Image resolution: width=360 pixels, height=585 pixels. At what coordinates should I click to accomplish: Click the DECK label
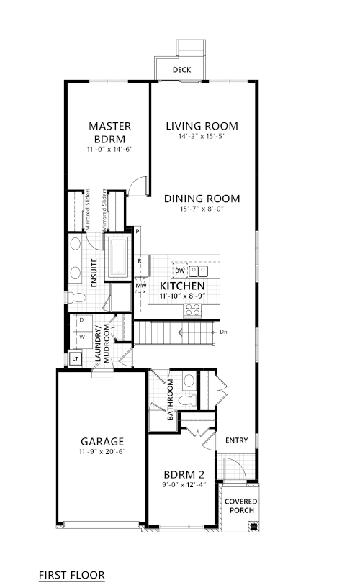(x=182, y=70)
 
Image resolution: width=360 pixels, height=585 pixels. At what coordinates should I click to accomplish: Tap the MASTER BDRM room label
(x=109, y=132)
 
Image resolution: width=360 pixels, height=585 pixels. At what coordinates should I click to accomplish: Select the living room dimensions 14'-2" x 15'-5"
(x=202, y=136)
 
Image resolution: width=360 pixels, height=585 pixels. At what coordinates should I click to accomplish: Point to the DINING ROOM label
(x=202, y=199)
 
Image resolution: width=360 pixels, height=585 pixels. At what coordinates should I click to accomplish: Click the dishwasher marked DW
(x=180, y=271)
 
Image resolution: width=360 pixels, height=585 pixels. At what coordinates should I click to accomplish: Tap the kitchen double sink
(x=198, y=271)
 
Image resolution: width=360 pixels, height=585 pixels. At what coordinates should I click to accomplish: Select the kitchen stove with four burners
(x=192, y=311)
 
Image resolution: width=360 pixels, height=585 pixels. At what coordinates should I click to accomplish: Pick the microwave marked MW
(x=141, y=286)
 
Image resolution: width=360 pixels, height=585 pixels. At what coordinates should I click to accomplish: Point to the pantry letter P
(x=138, y=231)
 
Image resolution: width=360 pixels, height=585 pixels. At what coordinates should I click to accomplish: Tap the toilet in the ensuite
(x=76, y=298)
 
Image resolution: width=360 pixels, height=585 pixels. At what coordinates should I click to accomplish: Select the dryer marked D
(x=81, y=320)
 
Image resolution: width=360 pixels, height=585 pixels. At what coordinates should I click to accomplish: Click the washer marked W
(x=82, y=337)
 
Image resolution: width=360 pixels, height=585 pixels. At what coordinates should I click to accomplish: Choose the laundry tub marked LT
(x=76, y=359)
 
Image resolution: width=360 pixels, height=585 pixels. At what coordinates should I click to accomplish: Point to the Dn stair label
(x=223, y=332)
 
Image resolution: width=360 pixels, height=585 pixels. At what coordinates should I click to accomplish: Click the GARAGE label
(x=102, y=441)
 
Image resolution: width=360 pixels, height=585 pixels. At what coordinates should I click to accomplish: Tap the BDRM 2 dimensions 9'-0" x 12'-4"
(x=184, y=485)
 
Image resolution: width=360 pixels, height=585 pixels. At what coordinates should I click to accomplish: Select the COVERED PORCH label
(x=241, y=506)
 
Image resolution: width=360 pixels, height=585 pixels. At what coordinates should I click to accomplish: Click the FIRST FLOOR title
(x=72, y=575)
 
